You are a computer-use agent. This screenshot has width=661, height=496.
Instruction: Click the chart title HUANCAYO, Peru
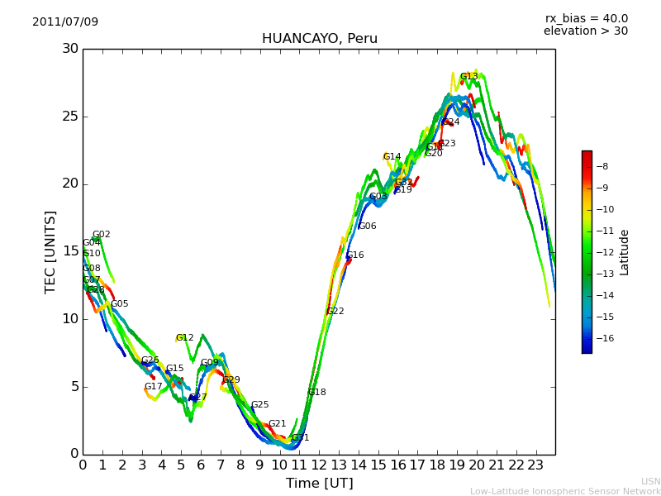pyautogui.click(x=319, y=39)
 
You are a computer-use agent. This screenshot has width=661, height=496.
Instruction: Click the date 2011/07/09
pyautogui.click(x=65, y=21)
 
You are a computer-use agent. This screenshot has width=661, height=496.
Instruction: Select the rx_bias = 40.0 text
pyautogui.click(x=586, y=18)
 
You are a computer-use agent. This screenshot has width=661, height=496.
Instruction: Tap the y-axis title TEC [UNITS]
pyautogui.click(x=50, y=251)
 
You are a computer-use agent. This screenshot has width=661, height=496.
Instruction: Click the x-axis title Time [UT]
pyautogui.click(x=319, y=484)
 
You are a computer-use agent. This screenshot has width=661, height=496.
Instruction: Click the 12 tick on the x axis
pyautogui.click(x=319, y=465)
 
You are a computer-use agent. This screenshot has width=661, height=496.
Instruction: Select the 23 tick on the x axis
pyautogui.click(x=535, y=465)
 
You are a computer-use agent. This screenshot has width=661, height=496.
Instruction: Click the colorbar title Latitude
pyautogui.click(x=625, y=252)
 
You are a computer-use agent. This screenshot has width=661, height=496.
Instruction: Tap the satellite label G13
pyautogui.click(x=469, y=76)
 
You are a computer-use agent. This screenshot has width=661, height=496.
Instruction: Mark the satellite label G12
pyautogui.click(x=185, y=337)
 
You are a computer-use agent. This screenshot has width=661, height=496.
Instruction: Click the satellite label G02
pyautogui.click(x=102, y=234)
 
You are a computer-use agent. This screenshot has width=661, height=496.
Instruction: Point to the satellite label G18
pyautogui.click(x=317, y=392)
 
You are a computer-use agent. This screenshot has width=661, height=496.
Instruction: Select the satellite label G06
pyautogui.click(x=368, y=226)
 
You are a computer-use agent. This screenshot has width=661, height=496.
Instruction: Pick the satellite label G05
pyautogui.click(x=120, y=303)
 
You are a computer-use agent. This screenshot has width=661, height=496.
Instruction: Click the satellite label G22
pyautogui.click(x=335, y=311)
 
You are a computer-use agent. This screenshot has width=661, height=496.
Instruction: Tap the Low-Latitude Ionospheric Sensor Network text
pyautogui.click(x=565, y=491)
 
